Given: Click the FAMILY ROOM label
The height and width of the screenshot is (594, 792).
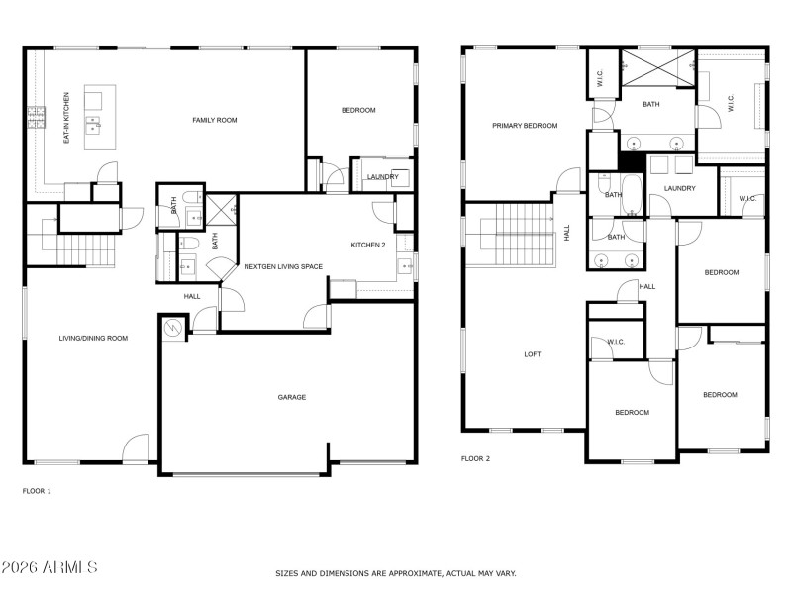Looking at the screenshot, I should (215, 120).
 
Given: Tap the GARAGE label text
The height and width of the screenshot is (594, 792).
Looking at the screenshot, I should (291, 397).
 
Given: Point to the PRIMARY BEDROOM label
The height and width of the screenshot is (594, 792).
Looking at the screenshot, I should (526, 126).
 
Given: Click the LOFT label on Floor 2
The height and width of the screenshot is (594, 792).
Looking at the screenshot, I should (533, 354).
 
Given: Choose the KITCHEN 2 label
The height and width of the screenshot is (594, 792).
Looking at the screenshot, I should (368, 245).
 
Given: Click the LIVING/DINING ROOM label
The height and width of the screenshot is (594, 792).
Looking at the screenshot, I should (93, 339).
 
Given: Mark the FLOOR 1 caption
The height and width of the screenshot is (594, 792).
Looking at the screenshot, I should (37, 491).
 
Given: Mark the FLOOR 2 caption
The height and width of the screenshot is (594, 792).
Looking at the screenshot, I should (475, 459).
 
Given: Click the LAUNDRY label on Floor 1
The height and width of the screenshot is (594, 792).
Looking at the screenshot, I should (382, 177).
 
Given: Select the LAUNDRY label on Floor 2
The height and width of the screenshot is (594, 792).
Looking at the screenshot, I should (679, 188).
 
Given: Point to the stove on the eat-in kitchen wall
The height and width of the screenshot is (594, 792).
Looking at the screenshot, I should (37, 118).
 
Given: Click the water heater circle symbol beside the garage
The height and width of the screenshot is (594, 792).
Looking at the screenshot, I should (173, 328).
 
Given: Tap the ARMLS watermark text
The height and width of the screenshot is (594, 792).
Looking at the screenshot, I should (49, 568).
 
